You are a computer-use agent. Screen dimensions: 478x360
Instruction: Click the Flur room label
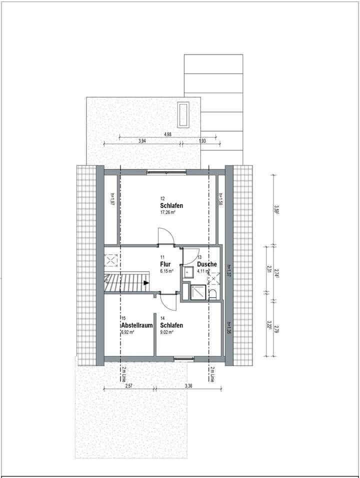point(166,264)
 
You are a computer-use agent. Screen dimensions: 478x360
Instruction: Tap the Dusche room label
point(206,264)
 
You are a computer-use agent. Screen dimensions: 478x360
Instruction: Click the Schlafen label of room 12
point(171,206)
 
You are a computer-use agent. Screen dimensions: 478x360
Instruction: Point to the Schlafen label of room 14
point(171,325)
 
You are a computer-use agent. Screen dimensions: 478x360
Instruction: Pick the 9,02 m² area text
point(167,331)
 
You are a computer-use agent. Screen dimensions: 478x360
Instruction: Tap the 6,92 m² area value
point(128,331)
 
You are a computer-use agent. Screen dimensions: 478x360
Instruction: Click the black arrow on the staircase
point(145,283)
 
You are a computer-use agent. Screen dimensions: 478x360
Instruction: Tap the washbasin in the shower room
point(188,272)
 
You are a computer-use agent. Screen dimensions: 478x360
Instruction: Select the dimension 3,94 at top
point(142,141)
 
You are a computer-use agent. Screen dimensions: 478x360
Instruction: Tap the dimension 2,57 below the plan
point(128,385)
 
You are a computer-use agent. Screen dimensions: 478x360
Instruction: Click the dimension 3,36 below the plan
point(188,385)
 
